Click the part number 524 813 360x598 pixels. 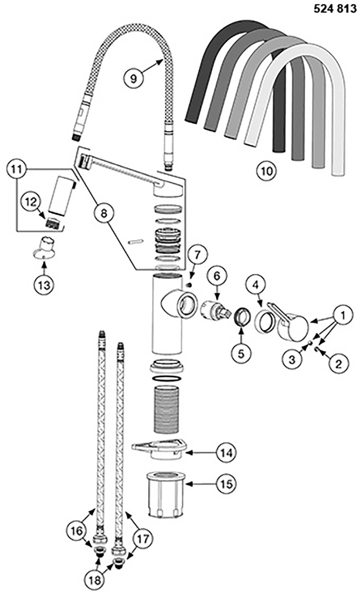[x=335, y=8]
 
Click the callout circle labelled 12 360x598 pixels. [x=31, y=202]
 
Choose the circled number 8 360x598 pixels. [x=103, y=213]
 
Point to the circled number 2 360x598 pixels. [x=338, y=363]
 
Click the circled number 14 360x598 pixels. [x=226, y=453]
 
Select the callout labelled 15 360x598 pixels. [x=226, y=484]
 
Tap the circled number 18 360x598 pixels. [x=95, y=580]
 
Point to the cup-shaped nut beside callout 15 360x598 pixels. [x=165, y=495]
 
